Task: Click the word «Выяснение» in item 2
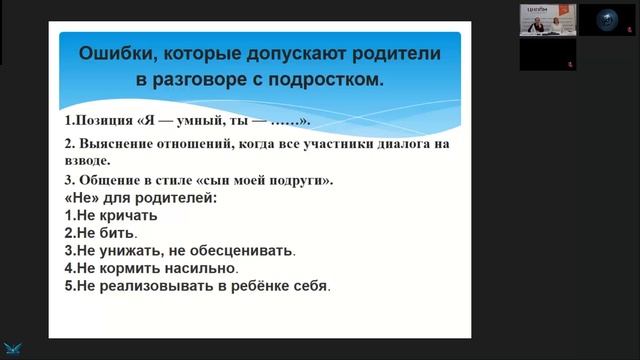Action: pos(112,143)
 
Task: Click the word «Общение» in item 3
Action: pos(109,180)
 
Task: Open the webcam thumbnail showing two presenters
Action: pos(547,19)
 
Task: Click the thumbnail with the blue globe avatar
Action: pos(602,19)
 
